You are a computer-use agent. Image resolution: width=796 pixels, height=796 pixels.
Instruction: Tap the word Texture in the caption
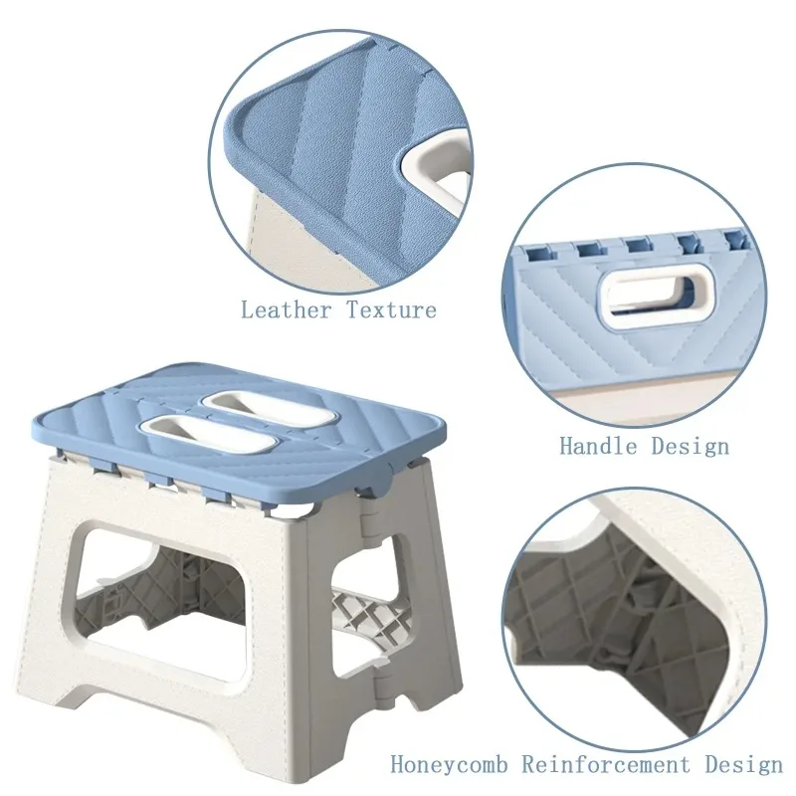click(x=391, y=310)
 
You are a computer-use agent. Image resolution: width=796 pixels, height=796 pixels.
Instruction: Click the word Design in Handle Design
click(x=690, y=446)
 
